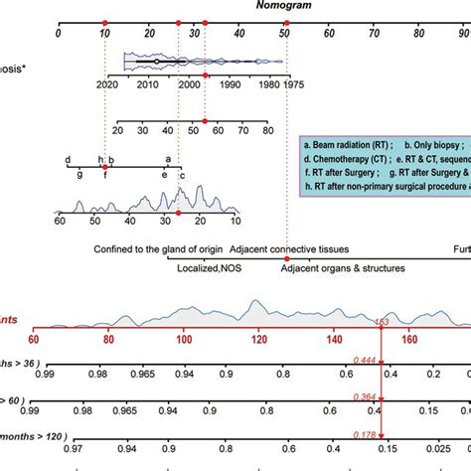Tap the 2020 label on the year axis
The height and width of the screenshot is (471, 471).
click(107, 86)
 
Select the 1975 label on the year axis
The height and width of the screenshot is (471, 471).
click(293, 86)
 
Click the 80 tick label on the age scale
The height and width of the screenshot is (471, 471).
click(266, 129)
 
